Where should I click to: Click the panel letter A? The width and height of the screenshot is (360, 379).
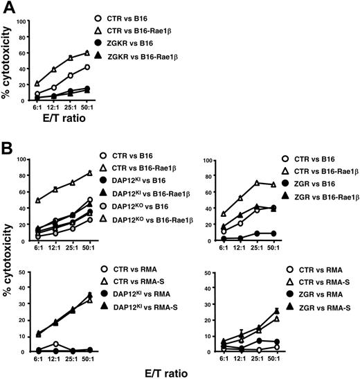(8, 8)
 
